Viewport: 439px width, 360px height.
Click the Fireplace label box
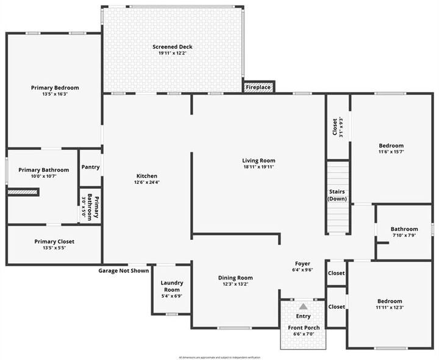259,87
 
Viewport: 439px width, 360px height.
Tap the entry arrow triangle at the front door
303,306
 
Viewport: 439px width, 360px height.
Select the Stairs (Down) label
337,195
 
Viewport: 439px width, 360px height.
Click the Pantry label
90,167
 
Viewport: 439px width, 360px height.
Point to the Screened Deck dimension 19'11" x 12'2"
173,54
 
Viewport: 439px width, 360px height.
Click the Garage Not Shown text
124,270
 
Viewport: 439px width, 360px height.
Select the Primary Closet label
54,241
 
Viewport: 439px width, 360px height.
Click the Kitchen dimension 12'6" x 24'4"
146,182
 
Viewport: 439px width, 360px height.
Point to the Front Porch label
303,328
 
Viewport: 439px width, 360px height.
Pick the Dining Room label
235,278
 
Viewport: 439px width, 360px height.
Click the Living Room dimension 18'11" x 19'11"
259,167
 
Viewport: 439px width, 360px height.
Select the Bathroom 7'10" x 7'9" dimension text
404,236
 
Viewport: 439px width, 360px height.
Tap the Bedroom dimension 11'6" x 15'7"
391,152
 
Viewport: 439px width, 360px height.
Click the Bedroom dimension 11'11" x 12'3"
389,308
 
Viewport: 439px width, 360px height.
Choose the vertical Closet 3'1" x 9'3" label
338,126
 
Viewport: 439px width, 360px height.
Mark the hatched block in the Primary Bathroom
23,192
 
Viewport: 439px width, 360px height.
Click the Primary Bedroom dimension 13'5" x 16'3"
55,94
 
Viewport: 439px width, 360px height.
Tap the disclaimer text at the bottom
220,357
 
